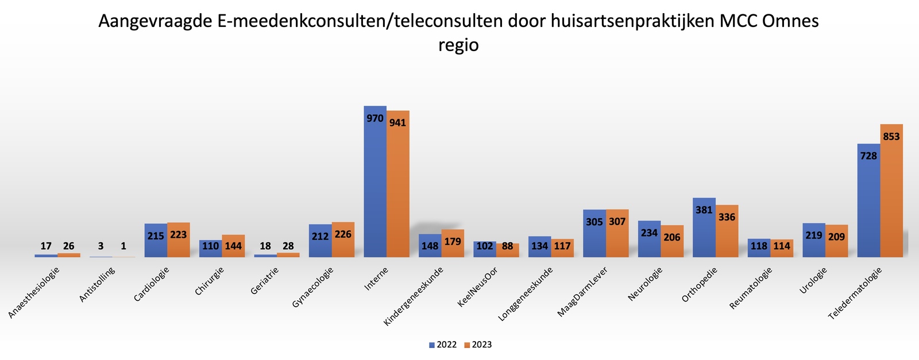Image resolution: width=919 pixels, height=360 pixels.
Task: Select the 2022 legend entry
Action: click(443, 345)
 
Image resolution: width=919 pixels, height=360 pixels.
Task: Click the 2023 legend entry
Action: click(478, 345)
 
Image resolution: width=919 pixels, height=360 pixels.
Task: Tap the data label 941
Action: click(397, 123)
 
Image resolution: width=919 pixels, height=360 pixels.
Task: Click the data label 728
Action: click(868, 156)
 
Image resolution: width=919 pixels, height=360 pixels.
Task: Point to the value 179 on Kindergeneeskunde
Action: click(453, 241)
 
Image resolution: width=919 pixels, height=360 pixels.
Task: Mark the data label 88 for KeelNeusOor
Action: click(508, 246)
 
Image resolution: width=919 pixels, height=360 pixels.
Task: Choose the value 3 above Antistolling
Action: click(101, 246)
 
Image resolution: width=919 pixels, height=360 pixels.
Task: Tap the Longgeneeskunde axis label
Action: click(525, 293)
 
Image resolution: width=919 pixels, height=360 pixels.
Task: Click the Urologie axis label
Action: click(812, 281)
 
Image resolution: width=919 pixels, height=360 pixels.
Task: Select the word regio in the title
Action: click(458, 45)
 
